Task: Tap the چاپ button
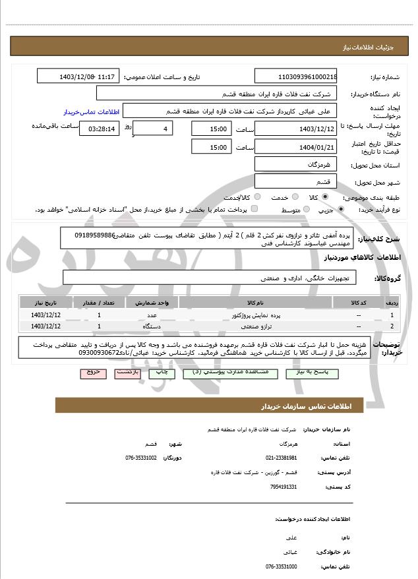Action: (x=162, y=373)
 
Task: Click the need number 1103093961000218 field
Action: (x=296, y=76)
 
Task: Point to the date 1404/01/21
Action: (x=296, y=147)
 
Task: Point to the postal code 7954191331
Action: (x=284, y=487)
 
